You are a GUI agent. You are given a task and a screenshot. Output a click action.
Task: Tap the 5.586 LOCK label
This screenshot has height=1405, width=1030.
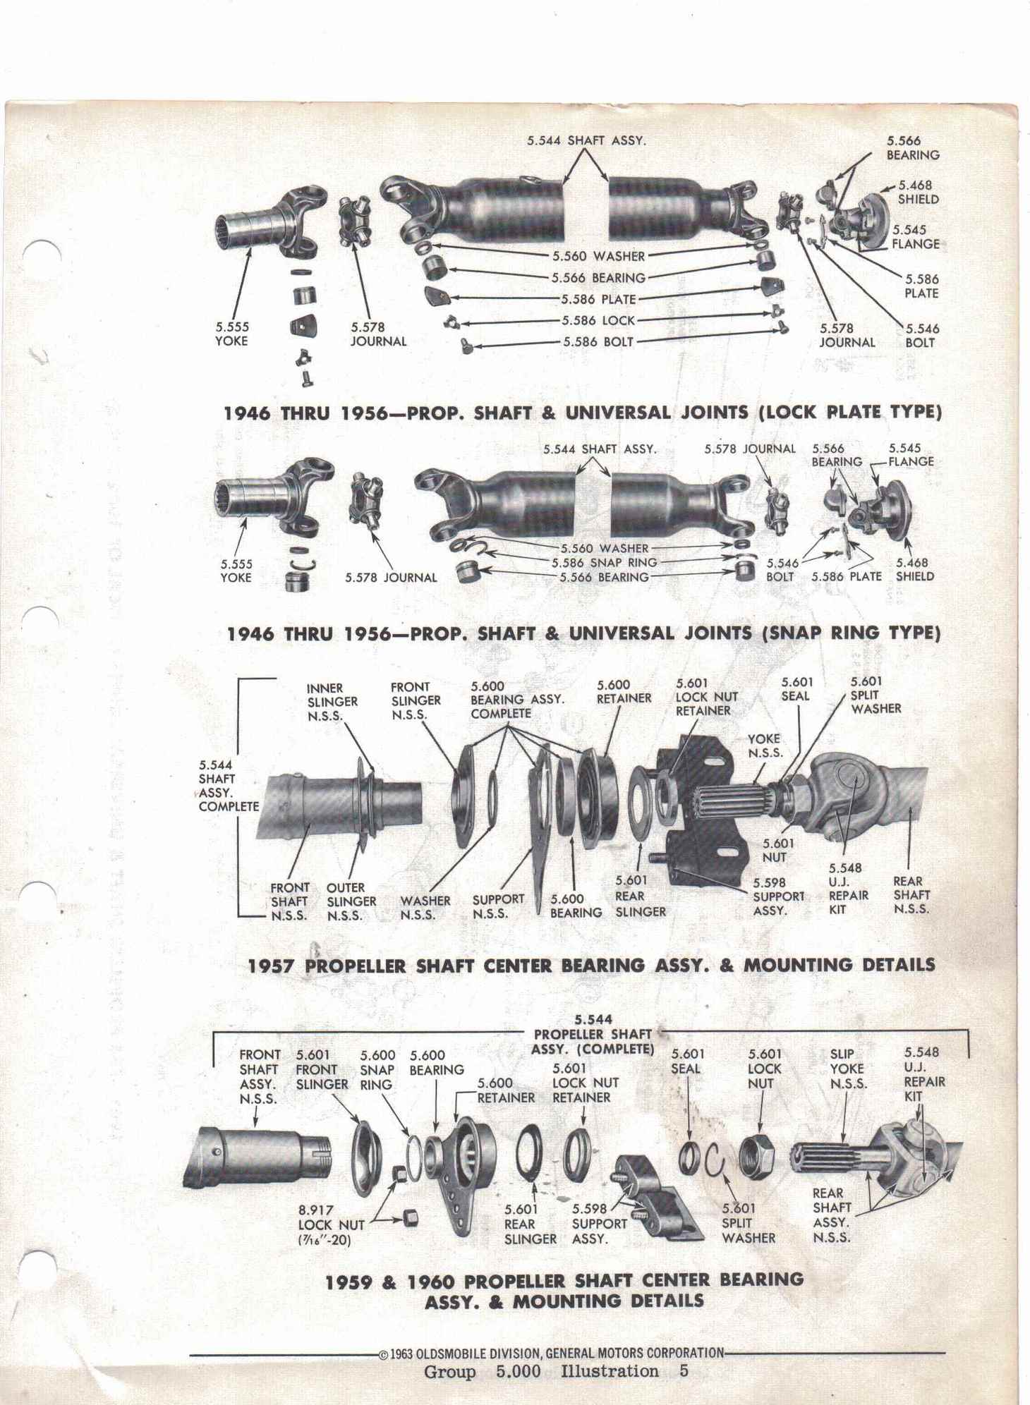(599, 320)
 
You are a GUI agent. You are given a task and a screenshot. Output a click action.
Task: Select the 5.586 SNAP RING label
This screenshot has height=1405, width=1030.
(605, 562)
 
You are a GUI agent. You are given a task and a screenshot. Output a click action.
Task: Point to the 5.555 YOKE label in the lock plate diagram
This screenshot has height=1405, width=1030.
(231, 334)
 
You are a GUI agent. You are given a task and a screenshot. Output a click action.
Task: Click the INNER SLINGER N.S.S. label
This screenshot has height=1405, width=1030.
(332, 702)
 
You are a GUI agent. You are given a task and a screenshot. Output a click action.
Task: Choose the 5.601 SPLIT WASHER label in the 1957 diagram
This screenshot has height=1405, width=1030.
(875, 695)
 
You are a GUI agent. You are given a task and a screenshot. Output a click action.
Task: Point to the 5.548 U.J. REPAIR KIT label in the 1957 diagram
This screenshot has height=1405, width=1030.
(848, 889)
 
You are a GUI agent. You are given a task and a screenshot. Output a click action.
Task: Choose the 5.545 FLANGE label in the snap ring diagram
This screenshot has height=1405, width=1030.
(911, 454)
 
